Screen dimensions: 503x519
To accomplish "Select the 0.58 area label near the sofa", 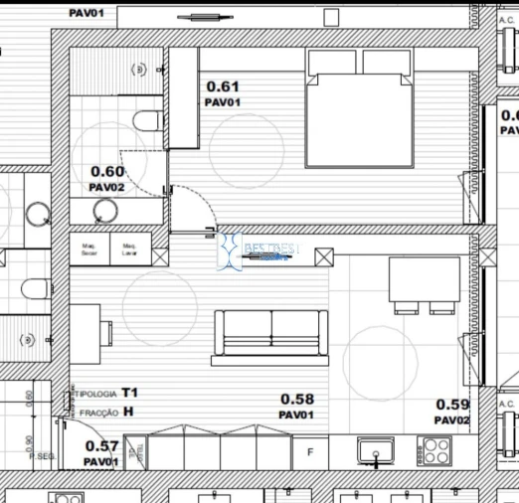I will point(295,399).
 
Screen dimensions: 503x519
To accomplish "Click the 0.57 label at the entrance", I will point(101,446).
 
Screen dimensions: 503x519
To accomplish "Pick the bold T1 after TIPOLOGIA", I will point(130,393).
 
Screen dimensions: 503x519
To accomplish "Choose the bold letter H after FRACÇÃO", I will point(128,412).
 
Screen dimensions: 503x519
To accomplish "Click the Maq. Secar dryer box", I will point(89,249).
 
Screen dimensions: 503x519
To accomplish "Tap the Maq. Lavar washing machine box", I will point(129,249).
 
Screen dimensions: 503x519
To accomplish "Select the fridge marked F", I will point(311,452).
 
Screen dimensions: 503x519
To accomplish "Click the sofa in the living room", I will point(269,335).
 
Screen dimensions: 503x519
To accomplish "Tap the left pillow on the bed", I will point(332,63).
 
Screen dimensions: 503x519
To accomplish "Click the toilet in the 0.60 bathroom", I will point(147,123).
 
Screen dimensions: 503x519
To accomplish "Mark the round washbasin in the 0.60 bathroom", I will point(105,210).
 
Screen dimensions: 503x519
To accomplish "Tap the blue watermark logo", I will point(230,250).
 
